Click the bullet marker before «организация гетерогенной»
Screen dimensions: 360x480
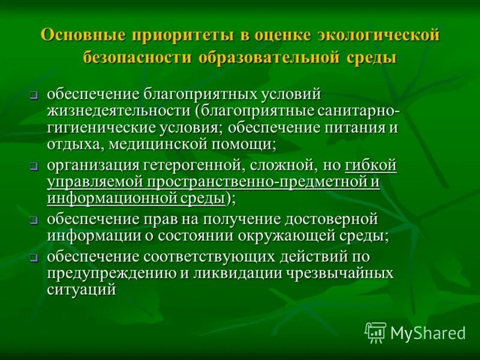click(x=35, y=167)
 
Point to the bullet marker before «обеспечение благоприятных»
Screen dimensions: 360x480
click(x=35, y=96)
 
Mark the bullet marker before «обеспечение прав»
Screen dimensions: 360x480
click(x=35, y=220)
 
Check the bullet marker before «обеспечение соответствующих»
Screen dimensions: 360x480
click(x=35, y=259)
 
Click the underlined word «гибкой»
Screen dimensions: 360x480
click(x=371, y=165)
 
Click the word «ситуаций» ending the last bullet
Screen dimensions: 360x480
click(x=81, y=290)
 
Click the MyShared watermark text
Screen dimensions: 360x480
click(x=428, y=332)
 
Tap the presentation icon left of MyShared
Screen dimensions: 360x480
click(x=376, y=332)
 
